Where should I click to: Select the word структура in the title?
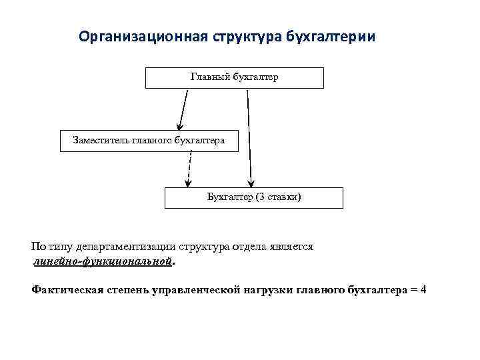coord(246,35)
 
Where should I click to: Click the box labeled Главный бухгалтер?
coord(235,77)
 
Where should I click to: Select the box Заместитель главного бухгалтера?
coord(148,140)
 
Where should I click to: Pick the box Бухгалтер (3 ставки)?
coord(253,197)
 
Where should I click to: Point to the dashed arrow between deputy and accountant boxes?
coord(190,169)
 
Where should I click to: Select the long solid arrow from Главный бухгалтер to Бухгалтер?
coord(249,137)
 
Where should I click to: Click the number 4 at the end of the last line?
coord(423,290)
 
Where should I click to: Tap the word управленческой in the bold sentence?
coord(201,290)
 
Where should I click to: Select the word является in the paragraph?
coord(290,246)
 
